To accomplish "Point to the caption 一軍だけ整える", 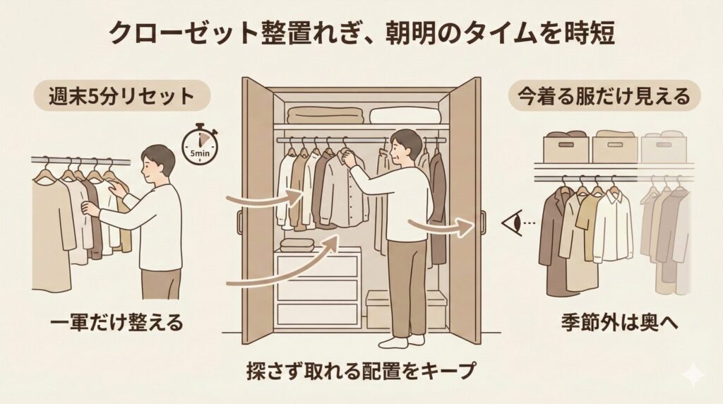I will (x=114, y=323).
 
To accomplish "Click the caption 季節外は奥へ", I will (x=607, y=323).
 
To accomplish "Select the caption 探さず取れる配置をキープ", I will (x=361, y=370).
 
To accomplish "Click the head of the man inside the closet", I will (x=405, y=145).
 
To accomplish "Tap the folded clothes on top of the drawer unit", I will (x=297, y=244).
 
